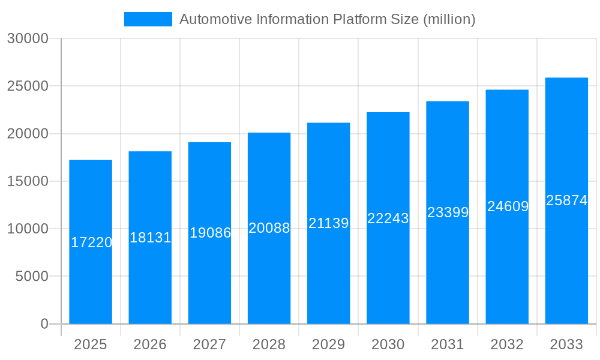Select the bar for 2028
(269, 276)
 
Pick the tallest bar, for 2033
(566, 264)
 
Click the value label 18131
(150, 238)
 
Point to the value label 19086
(210, 233)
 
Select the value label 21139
(328, 223)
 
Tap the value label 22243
(388, 218)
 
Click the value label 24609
(508, 206)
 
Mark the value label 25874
(566, 200)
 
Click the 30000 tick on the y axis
(28, 38)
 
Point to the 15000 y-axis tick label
(28, 181)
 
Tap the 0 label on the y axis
(44, 324)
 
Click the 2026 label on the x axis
(150, 344)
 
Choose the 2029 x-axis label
(328, 344)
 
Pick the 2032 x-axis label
(507, 344)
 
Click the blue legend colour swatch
(148, 19)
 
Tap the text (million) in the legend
(449, 19)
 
